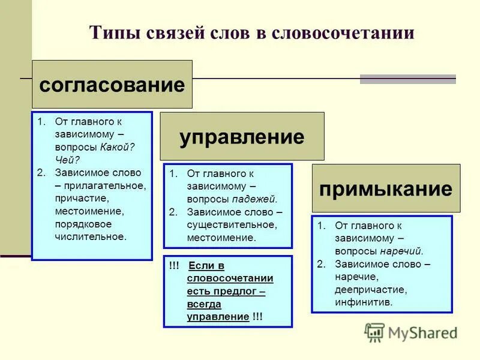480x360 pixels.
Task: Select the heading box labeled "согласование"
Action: pos(112,84)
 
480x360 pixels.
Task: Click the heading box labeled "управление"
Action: pos(242,136)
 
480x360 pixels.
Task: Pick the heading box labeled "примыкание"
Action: pos(386,188)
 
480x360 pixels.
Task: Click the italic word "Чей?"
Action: pos(67,160)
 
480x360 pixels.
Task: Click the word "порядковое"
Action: pos(82,224)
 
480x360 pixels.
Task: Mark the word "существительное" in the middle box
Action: pos(232,224)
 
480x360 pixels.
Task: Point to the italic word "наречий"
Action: pos(403,251)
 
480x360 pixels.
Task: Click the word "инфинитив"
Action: pos(364,302)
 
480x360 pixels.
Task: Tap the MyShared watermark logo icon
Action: pos(374,332)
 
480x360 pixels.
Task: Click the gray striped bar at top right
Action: pos(408,79)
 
